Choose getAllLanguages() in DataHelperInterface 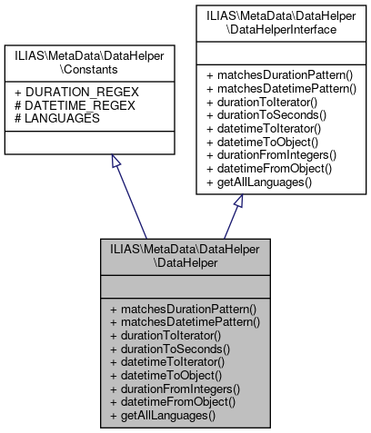(x=253, y=184)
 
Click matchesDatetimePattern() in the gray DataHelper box (x=185, y=322)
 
